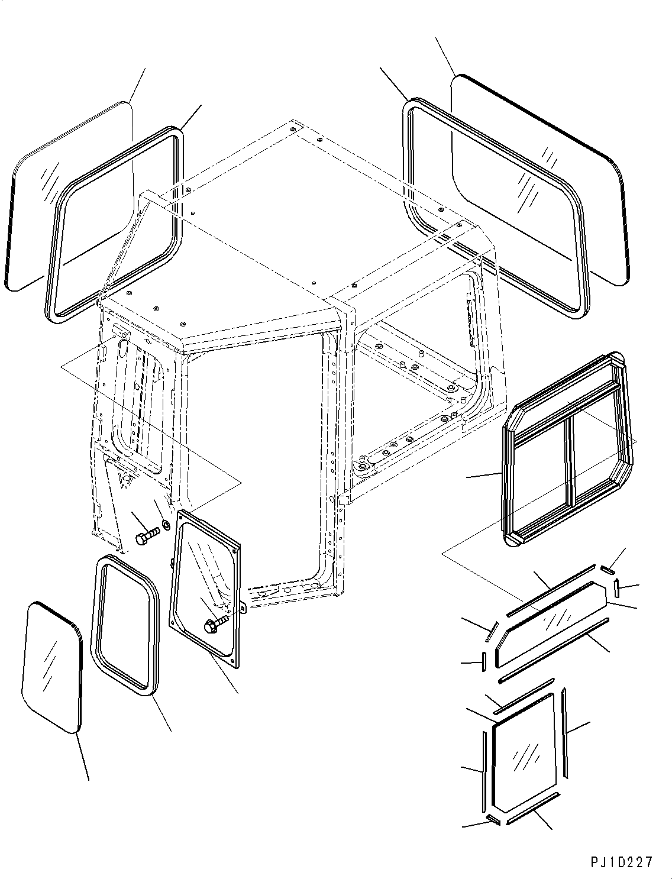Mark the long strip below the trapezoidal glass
(x=553, y=650)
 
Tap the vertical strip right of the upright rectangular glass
(x=565, y=733)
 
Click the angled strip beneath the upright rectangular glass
(x=533, y=807)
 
